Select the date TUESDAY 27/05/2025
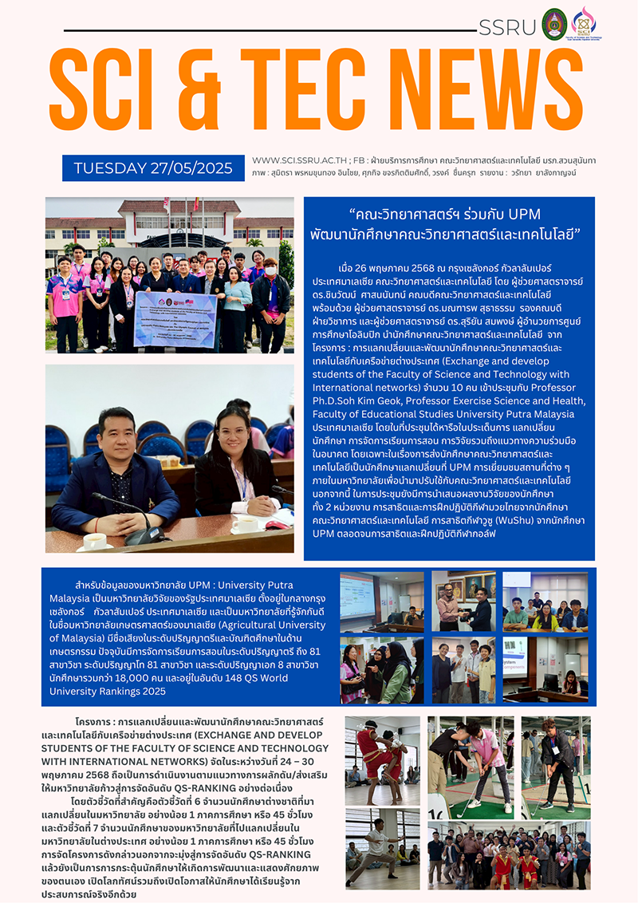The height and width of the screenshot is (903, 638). click(153, 168)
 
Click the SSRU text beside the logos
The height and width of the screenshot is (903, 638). click(506, 26)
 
